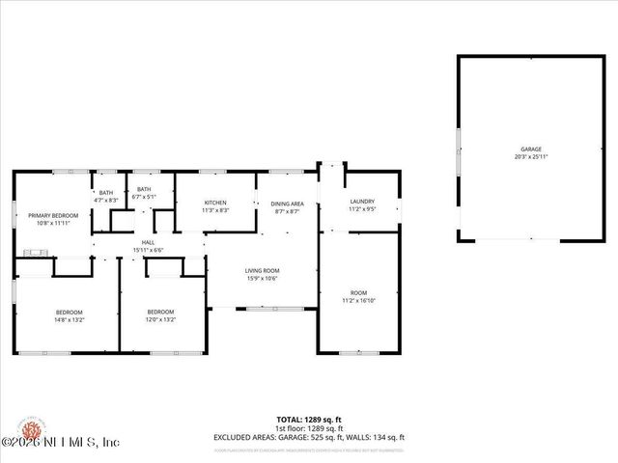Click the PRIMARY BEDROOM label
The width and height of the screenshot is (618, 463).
(x=52, y=215)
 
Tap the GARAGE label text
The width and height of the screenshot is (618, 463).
(x=531, y=150)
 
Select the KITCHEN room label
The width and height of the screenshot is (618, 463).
(x=215, y=203)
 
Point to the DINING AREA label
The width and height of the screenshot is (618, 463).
(x=287, y=204)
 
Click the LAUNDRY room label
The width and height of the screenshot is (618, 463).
(x=361, y=202)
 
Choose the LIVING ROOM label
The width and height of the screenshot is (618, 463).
(x=262, y=271)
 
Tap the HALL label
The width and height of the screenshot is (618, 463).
(x=148, y=242)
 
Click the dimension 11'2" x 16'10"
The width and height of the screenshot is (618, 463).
(x=358, y=299)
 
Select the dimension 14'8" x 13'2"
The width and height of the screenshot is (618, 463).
(x=69, y=319)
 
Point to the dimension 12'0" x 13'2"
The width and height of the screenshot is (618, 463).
(x=160, y=319)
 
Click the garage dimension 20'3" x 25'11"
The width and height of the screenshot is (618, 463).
(x=531, y=157)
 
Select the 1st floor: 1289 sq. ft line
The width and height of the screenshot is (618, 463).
(x=309, y=429)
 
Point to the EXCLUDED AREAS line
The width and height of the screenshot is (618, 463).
(x=309, y=437)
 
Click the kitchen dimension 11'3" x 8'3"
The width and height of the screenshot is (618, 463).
(x=215, y=210)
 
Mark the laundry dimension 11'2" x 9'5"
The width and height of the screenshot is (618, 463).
(x=361, y=209)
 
